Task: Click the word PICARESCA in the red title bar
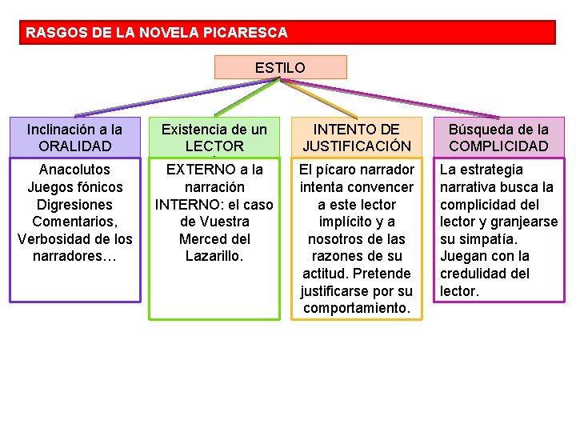247,34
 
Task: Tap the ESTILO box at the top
280,68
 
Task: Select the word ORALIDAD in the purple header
74,146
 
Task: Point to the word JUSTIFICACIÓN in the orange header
356,146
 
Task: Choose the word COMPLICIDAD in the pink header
498,146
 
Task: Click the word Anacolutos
74,170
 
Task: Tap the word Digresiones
74,205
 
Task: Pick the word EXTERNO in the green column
196,170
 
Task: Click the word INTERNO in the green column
187,205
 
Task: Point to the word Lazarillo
214,257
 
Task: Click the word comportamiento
356,309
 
